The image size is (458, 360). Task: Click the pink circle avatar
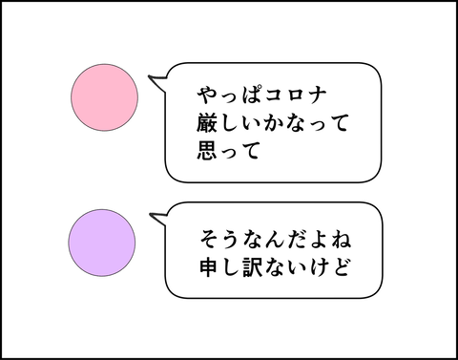tap(104, 97)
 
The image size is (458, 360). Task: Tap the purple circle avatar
tap(102, 243)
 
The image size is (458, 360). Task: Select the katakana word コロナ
tap(295, 95)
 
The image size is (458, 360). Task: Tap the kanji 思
tap(207, 150)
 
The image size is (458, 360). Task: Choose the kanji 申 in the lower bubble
tap(210, 266)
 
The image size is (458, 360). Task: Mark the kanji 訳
tap(254, 266)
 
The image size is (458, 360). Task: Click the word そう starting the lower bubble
tap(221, 239)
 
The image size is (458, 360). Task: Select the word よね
tap(329, 239)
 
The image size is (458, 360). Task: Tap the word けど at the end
tap(329, 266)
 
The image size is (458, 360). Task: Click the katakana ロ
tap(296, 95)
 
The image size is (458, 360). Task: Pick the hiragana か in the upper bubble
tap(273, 123)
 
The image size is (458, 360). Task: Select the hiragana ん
tap(276, 240)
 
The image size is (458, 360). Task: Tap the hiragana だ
tap(297, 240)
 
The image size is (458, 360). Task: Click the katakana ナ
tap(317, 95)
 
